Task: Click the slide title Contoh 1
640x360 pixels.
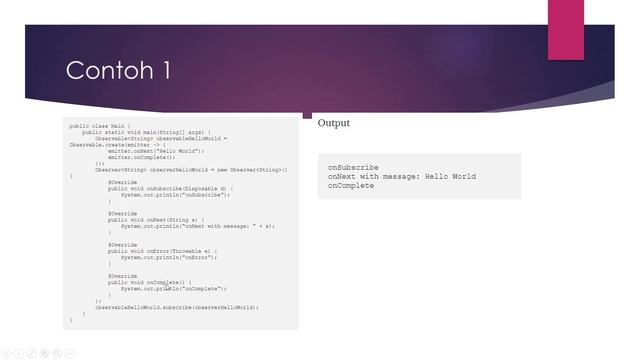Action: click(x=118, y=71)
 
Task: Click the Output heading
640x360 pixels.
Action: click(x=334, y=123)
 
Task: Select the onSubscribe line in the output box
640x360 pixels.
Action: click(x=353, y=167)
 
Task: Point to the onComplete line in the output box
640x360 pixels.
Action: click(x=351, y=185)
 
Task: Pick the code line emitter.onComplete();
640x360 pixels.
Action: click(x=141, y=157)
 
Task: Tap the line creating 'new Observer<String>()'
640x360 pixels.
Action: click(x=190, y=169)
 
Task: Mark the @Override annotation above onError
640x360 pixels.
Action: click(x=123, y=244)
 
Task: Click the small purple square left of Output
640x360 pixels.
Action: click(x=307, y=114)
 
